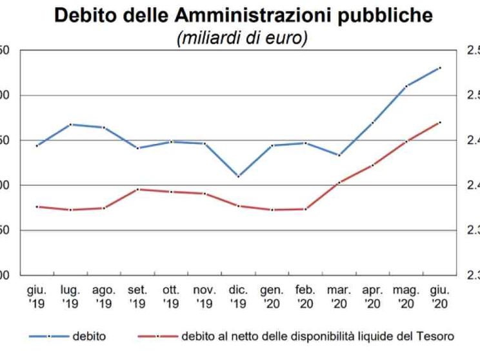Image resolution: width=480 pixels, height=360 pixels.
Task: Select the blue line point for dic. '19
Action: [x=239, y=176]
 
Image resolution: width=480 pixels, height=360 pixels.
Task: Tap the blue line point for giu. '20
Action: [x=440, y=67]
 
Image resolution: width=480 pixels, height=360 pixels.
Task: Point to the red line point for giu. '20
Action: [x=440, y=122]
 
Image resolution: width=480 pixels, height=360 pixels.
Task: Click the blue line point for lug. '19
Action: [x=70, y=124]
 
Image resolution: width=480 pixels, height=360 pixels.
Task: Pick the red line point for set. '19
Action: [x=137, y=189]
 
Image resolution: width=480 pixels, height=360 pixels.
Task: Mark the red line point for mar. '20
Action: [x=339, y=183]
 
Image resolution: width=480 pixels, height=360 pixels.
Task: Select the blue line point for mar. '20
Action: [x=339, y=155]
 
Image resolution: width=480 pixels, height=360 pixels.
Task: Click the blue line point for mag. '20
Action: [x=406, y=86]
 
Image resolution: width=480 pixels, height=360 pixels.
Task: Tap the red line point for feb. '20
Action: [x=306, y=209]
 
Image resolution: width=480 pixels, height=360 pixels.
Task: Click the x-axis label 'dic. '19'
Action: [x=238, y=297]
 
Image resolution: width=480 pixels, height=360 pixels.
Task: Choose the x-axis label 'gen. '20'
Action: [x=272, y=297]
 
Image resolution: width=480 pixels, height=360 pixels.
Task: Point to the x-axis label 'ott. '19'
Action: [x=171, y=297]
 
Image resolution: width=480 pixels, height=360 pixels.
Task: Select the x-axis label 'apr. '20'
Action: [x=373, y=297]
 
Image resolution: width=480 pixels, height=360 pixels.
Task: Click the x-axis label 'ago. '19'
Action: [x=104, y=297]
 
